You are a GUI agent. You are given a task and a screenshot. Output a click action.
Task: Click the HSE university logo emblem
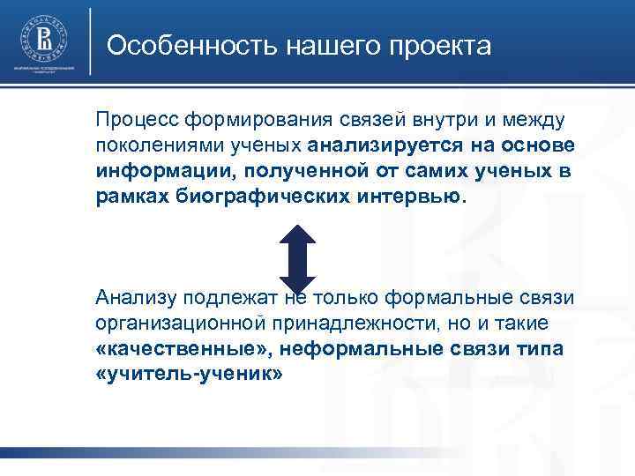[x=43, y=39]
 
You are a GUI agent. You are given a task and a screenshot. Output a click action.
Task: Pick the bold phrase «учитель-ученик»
[x=189, y=375]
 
